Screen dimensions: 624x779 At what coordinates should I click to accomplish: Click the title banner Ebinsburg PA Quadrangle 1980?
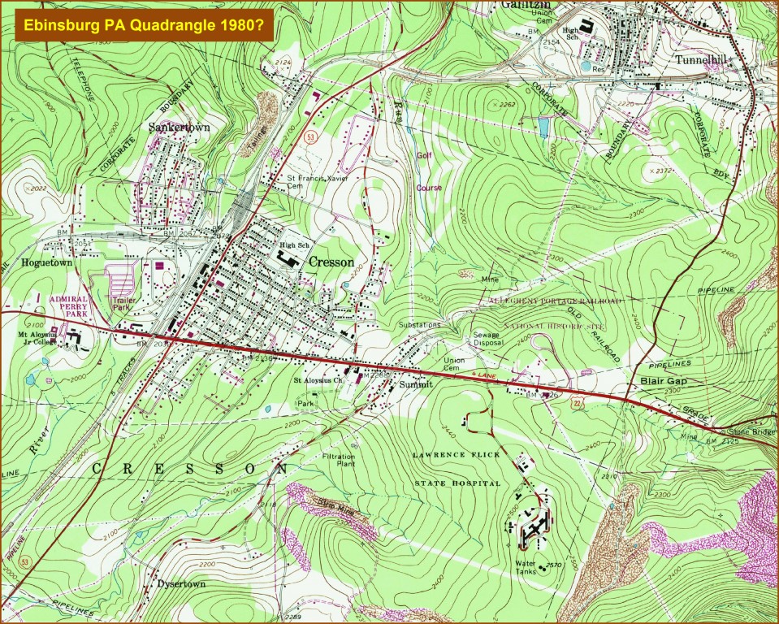(x=143, y=25)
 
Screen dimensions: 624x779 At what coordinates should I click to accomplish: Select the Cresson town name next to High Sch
(x=331, y=262)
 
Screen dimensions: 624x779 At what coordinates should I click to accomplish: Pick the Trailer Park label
(x=123, y=304)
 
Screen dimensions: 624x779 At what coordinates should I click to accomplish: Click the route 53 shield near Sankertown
(x=311, y=137)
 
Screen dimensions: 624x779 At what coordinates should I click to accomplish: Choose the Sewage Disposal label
(x=490, y=339)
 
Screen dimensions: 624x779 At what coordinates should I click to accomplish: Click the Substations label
(x=420, y=324)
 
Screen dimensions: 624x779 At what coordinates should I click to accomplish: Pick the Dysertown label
(x=180, y=584)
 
